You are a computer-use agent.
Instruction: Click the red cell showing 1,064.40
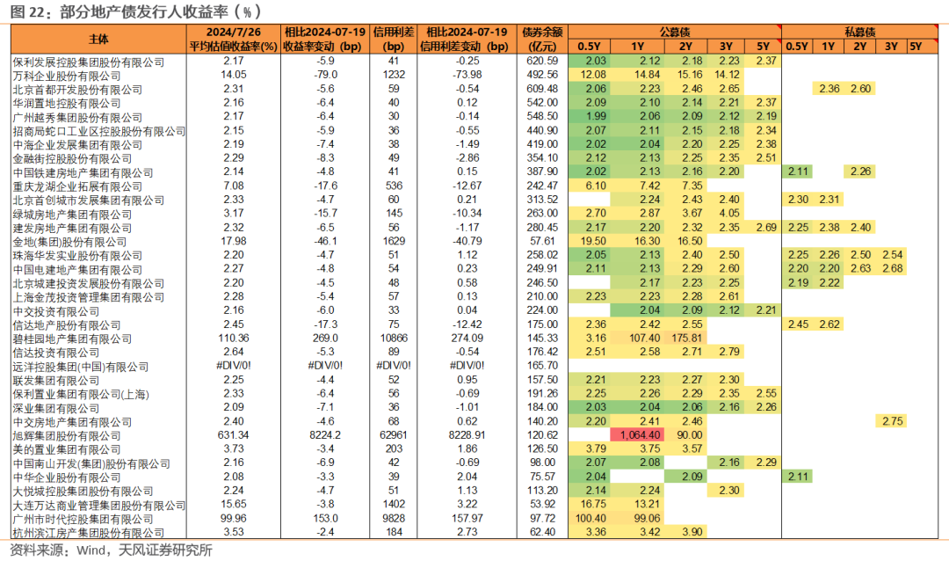(x=637, y=435)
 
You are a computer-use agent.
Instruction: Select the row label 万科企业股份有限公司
(x=67, y=76)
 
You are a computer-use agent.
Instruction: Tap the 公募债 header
(x=675, y=33)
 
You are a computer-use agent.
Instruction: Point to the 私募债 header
(x=860, y=33)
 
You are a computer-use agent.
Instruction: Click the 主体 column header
(x=98, y=40)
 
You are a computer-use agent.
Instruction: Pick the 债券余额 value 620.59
(x=542, y=61)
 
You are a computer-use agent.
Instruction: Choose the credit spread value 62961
(x=394, y=435)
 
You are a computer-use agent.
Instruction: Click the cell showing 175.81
(x=686, y=338)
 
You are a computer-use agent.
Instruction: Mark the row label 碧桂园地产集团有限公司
(x=72, y=339)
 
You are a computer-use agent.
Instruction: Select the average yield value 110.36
(x=234, y=338)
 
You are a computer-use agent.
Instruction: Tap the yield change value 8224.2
(x=325, y=435)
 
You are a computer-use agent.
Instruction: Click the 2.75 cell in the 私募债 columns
(x=892, y=421)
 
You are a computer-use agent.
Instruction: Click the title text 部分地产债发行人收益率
(x=144, y=11)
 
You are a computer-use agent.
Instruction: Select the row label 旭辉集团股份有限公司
(x=67, y=435)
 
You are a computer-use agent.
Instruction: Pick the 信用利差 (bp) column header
(x=394, y=40)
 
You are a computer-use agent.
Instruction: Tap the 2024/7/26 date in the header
(x=234, y=33)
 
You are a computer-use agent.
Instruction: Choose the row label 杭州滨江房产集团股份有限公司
(x=89, y=533)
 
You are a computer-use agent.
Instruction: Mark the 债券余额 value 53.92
(x=542, y=504)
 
